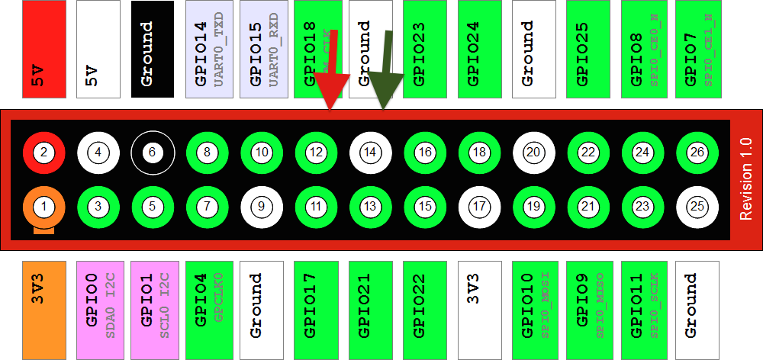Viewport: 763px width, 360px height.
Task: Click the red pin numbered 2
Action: click(44, 153)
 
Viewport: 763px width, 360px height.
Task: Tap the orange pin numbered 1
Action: click(44, 206)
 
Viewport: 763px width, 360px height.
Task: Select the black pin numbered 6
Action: click(153, 153)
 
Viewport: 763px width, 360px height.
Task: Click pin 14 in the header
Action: click(371, 153)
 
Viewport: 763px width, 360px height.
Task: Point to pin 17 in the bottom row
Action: click(479, 206)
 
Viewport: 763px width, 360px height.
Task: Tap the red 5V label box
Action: click(44, 49)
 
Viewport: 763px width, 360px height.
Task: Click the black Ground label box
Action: click(153, 49)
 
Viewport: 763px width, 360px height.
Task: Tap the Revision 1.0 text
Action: click(746, 180)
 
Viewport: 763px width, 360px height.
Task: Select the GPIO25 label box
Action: click(588, 49)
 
